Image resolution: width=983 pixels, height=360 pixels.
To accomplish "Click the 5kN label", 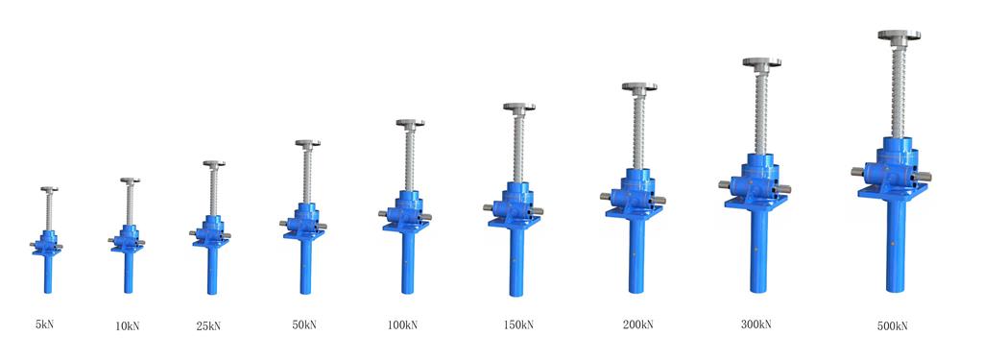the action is [x=44, y=324].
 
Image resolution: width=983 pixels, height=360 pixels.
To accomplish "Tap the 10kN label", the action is [x=128, y=325].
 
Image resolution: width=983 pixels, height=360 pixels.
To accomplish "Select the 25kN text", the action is [x=208, y=325].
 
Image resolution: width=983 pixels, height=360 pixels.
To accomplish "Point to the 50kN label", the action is [x=304, y=324].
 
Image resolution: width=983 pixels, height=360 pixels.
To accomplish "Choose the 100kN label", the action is [x=402, y=324].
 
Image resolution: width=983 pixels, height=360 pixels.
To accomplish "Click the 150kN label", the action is [x=518, y=324].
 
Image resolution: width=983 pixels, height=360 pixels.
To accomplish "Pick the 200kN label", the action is [x=637, y=324].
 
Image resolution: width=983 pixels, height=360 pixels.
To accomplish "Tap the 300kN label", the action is [x=755, y=324].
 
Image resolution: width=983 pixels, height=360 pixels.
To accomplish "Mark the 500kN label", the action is [x=892, y=325].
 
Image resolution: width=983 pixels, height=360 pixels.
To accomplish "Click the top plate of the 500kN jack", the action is [x=899, y=36].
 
